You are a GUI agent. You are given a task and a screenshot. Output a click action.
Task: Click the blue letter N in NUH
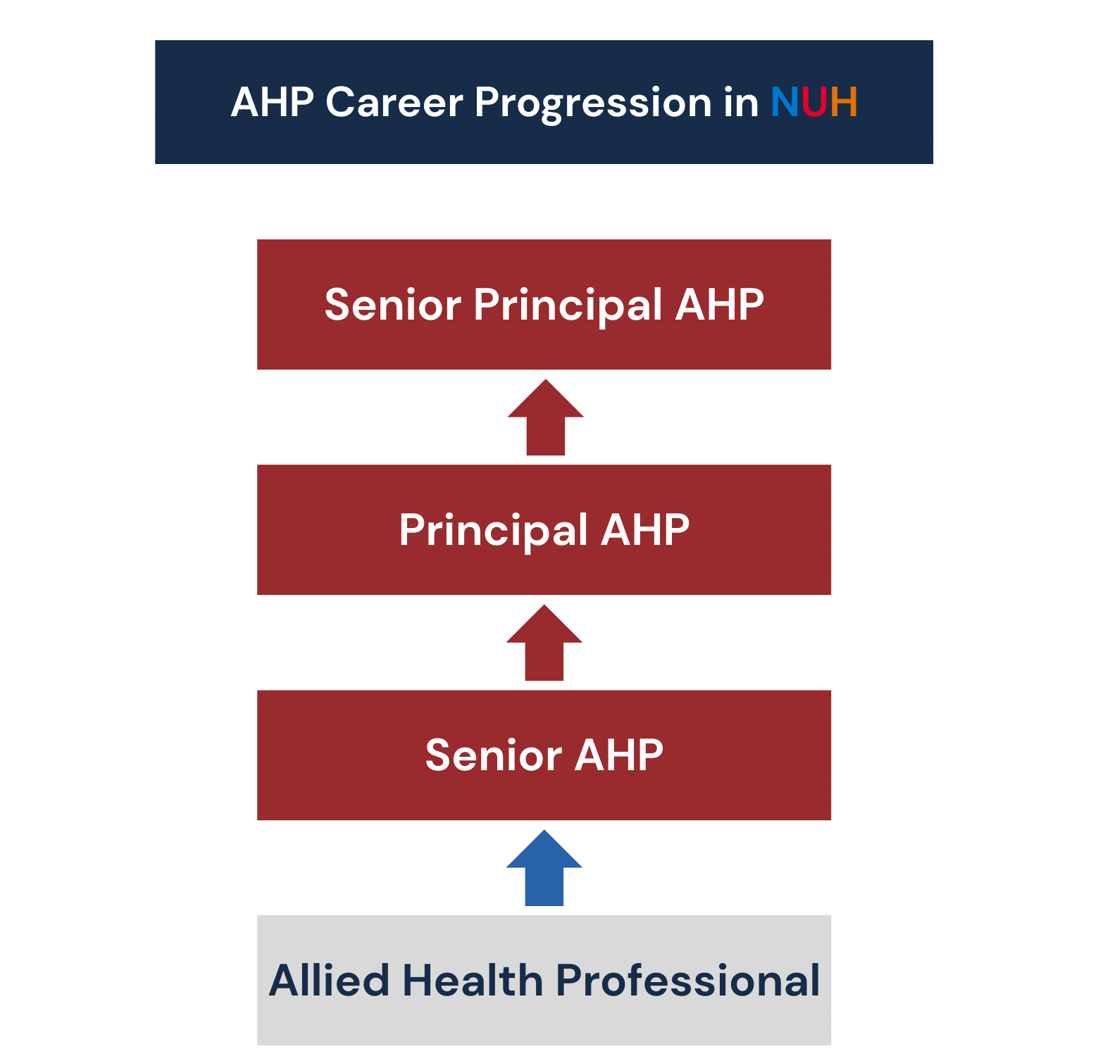tap(784, 102)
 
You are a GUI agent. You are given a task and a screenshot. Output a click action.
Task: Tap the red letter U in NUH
tap(813, 102)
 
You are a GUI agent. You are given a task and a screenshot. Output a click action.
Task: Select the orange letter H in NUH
tap(843, 102)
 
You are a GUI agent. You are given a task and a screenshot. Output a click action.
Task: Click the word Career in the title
tap(394, 102)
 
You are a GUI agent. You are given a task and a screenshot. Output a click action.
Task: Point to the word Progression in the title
tap(593, 104)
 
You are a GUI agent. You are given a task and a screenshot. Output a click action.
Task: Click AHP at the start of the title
tap(272, 102)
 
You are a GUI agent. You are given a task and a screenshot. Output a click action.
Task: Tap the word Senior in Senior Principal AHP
tap(392, 305)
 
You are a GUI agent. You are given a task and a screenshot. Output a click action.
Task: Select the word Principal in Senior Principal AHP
tap(568, 306)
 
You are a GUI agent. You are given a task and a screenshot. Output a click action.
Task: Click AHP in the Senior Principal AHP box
tap(719, 305)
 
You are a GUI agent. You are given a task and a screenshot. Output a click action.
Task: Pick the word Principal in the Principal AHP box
tap(493, 532)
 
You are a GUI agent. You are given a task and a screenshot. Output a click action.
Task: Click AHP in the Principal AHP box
tap(644, 530)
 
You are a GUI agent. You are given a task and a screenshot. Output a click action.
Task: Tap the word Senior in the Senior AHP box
tap(493, 755)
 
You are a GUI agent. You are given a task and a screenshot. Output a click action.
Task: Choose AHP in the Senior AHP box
tap(618, 755)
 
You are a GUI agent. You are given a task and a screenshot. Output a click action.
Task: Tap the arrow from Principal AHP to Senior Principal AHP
tap(546, 417)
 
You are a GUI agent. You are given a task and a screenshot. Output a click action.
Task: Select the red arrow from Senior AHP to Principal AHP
tap(544, 643)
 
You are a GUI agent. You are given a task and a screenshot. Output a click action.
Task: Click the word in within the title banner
tap(742, 102)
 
